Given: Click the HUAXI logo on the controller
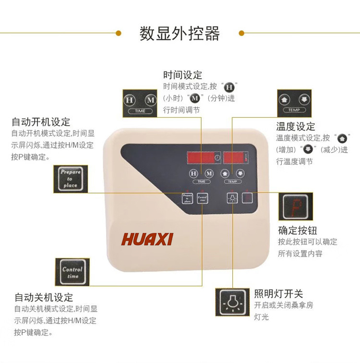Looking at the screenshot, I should tap(147, 239).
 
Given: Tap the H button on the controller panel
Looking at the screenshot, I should tap(193, 174).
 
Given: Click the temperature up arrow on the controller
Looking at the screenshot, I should tap(225, 174).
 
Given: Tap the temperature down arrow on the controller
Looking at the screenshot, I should tap(240, 174).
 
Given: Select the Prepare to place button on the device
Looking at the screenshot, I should tap(188, 198).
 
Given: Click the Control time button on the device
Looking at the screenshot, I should tap(203, 198).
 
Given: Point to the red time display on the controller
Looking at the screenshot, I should tap(204, 158).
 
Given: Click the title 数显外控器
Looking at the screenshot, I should tap(180, 34).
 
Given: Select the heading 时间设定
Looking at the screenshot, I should tap(183, 75).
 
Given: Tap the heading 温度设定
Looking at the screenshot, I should tap(296, 126).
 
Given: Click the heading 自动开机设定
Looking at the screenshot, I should tap(41, 122).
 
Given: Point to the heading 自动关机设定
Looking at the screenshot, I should tap(44, 297).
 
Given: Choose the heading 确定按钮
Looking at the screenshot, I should tap(298, 230).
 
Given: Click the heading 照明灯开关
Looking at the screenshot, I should tap(279, 294).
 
